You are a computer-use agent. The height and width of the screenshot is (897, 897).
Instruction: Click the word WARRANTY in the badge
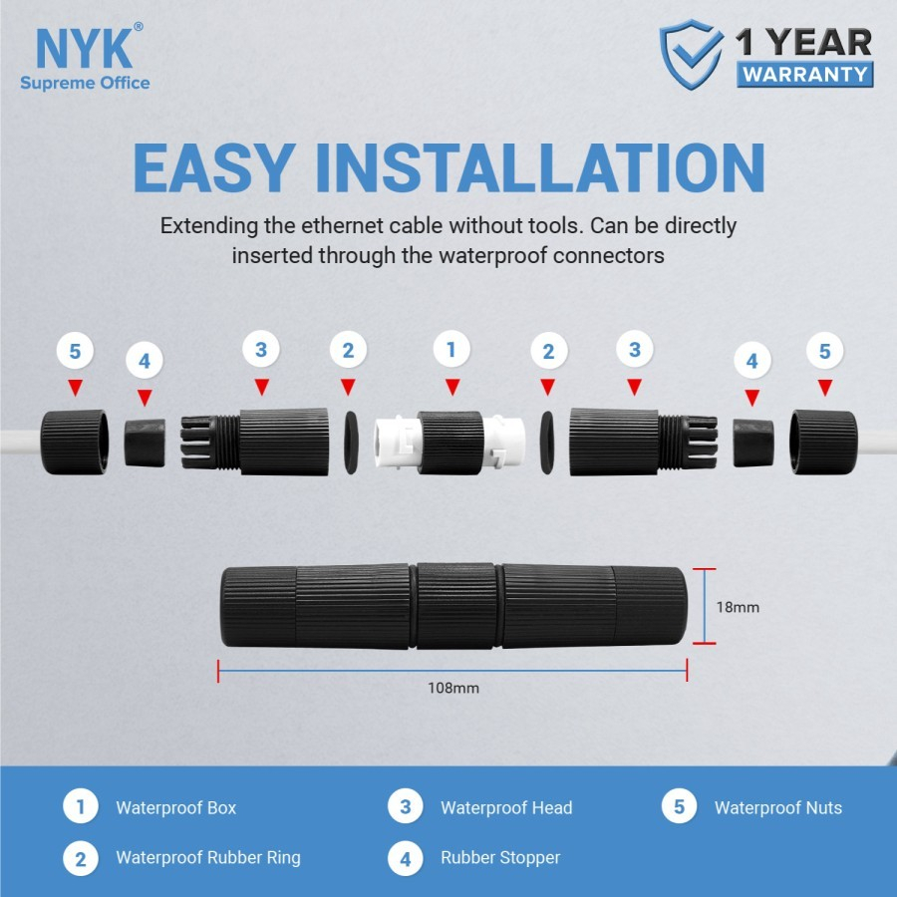pos(805,74)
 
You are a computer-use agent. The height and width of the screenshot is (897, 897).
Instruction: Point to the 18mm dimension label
pos(738,606)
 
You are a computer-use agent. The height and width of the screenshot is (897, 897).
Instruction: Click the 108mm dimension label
pos(452,688)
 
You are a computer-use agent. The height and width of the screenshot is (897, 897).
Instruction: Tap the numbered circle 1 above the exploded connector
pos(451,350)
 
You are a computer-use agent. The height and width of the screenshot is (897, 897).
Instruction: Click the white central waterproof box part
pos(449,442)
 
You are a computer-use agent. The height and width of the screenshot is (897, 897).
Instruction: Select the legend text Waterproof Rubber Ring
pos(207,857)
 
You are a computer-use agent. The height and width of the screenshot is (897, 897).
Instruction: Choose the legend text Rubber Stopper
pos(500,857)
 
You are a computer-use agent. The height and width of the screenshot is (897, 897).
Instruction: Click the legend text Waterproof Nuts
pos(777,807)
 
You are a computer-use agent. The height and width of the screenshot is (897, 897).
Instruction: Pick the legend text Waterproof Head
pos(506,807)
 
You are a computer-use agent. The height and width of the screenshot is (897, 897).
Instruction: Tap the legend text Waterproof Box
pos(175,807)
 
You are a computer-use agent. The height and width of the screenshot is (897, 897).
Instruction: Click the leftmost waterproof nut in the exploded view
pos(75,440)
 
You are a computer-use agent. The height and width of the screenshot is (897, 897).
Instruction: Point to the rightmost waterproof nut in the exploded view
pos(822,440)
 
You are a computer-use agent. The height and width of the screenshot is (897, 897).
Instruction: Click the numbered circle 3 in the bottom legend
pos(405,807)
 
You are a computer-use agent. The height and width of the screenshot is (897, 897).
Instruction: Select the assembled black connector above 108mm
pos(452,606)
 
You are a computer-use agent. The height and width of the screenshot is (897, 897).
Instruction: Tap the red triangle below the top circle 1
pos(451,387)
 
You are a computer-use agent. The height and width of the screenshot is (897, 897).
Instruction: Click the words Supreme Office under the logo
pos(85,83)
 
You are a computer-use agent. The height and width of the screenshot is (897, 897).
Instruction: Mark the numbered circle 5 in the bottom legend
pos(679,807)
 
